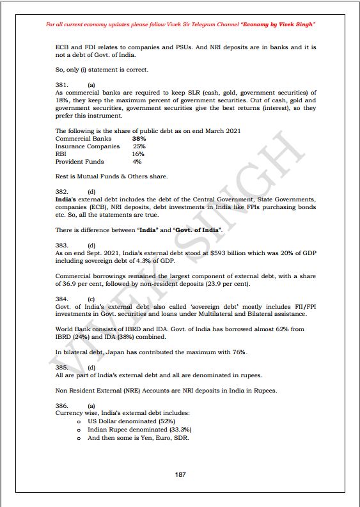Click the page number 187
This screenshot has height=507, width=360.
click(180, 474)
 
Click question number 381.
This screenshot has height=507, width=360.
click(62, 84)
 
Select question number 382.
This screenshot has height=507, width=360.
click(62, 191)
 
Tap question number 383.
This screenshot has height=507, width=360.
click(62, 245)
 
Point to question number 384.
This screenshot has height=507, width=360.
click(62, 299)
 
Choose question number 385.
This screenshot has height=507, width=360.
click(62, 368)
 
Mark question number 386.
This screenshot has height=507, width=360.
click(62, 406)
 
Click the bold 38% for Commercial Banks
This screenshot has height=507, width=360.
click(139, 139)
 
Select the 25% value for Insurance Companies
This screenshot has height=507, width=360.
click(139, 146)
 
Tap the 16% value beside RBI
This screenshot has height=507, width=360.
click(138, 154)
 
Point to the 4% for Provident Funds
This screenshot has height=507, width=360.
click(137, 162)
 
